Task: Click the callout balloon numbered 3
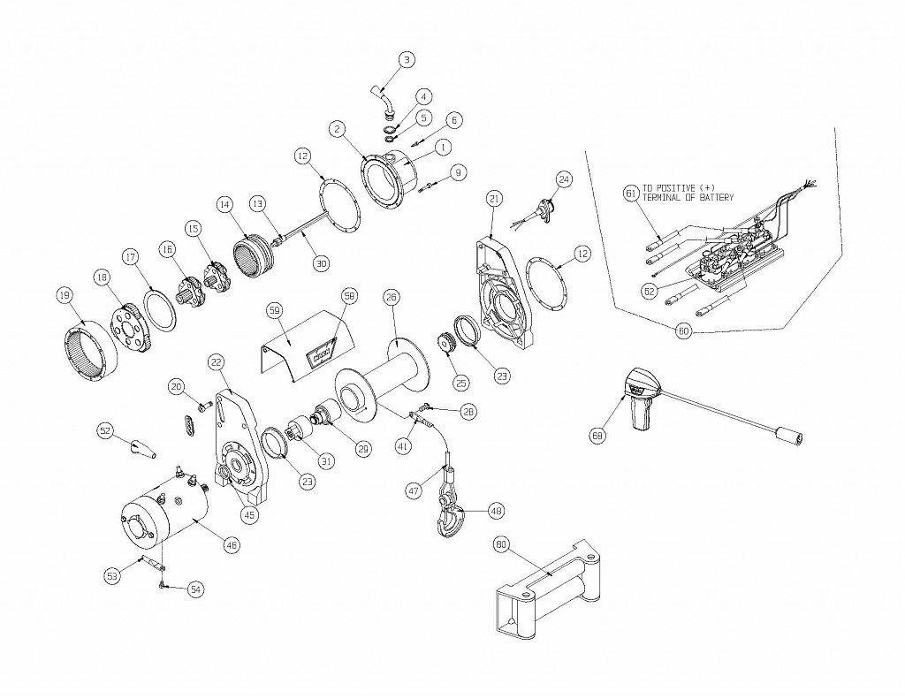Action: click(407, 60)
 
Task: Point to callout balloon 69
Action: click(598, 435)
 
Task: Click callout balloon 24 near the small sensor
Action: click(564, 179)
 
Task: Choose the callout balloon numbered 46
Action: click(232, 545)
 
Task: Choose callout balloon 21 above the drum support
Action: click(494, 198)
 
